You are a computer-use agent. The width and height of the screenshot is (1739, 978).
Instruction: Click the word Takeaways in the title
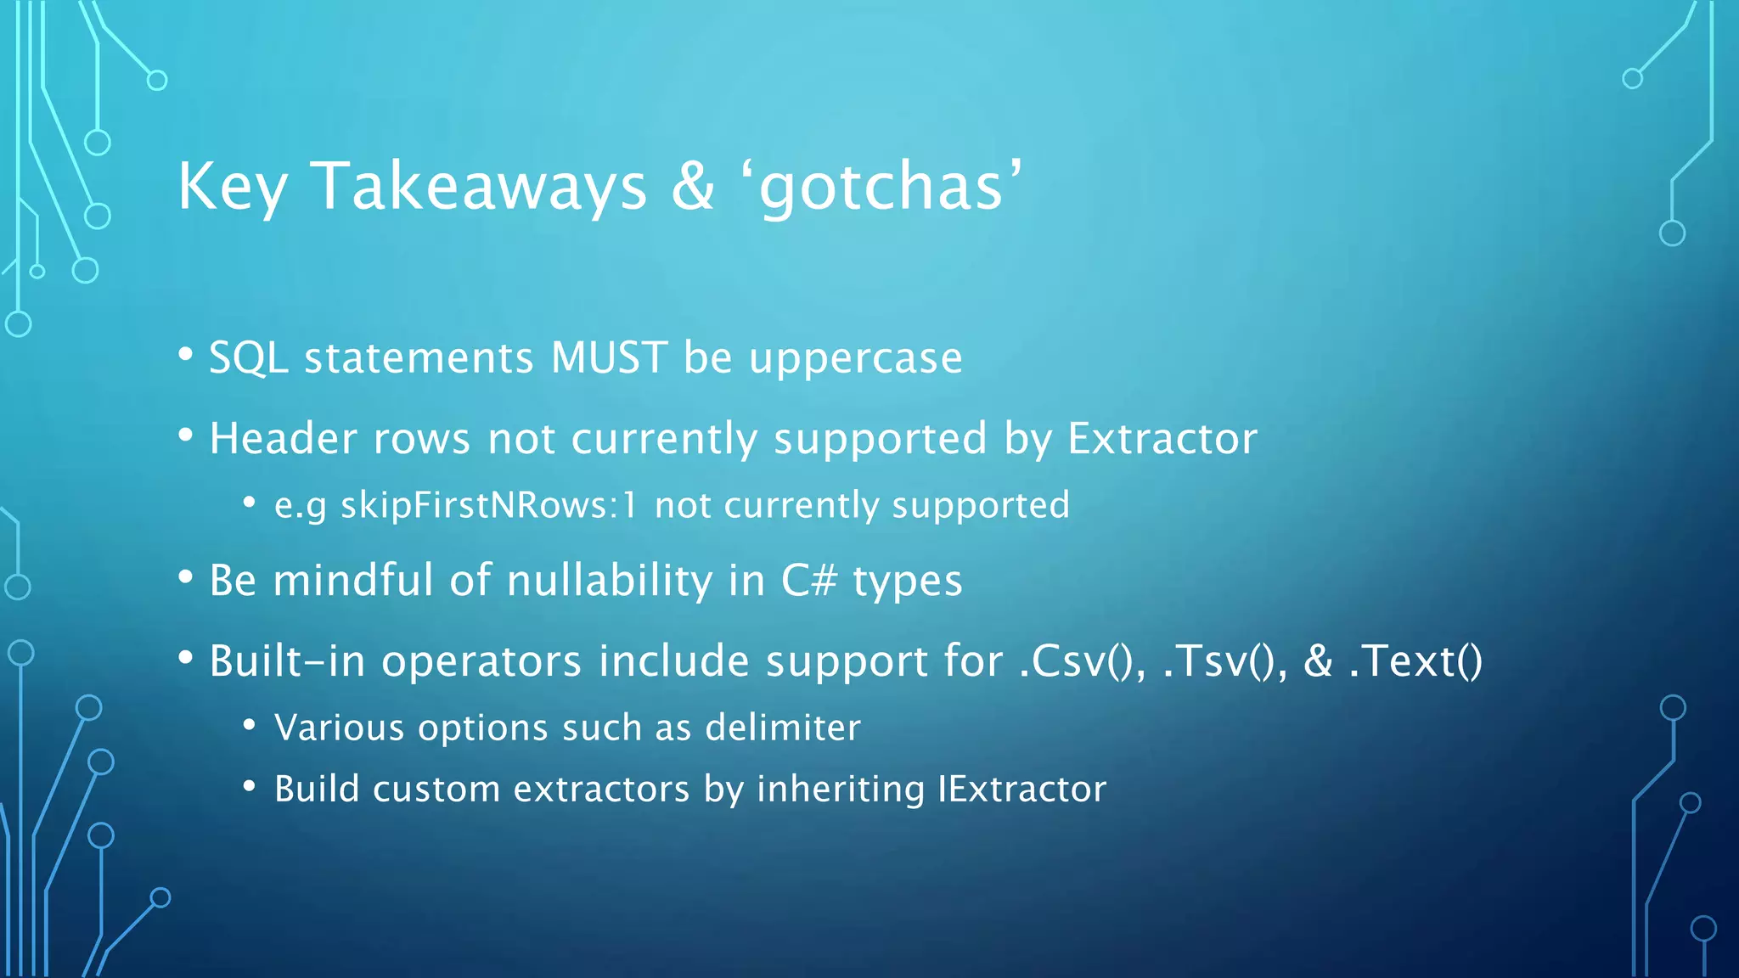pos(479,187)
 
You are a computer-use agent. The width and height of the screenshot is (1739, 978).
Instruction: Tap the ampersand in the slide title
pos(693,187)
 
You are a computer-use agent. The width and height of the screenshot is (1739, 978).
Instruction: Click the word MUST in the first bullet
pos(609,357)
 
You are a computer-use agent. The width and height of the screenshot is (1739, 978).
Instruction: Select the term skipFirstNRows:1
pos(488,506)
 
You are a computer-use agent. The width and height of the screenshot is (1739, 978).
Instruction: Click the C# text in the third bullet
pos(809,581)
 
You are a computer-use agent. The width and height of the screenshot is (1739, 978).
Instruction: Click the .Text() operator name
pos(1415,661)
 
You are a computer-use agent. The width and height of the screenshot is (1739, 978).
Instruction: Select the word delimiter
pos(783,728)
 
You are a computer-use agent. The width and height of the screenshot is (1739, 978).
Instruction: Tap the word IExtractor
pos(1022,790)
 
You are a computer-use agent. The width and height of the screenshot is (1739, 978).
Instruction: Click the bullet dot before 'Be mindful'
pos(186,578)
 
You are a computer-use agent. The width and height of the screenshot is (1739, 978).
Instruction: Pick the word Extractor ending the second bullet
pos(1162,439)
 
